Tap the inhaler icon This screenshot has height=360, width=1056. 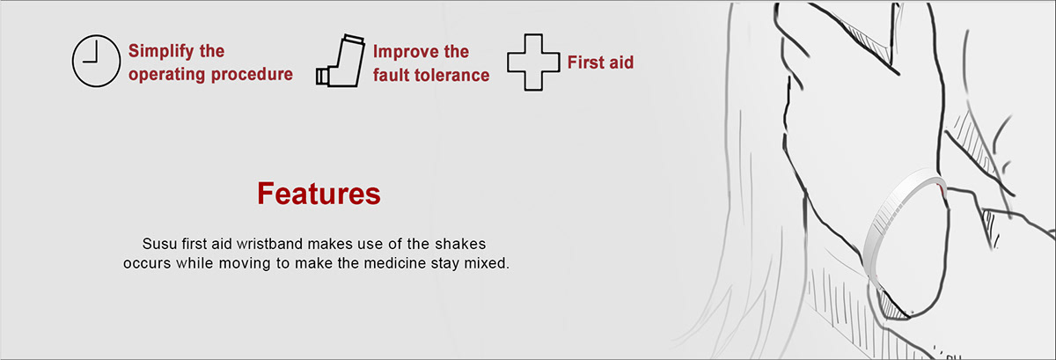(x=341, y=61)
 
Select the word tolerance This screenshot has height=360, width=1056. (x=451, y=75)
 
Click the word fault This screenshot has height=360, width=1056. (x=392, y=75)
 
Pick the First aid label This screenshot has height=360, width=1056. (x=600, y=62)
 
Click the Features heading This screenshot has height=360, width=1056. (x=319, y=194)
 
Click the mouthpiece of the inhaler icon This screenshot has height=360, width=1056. (x=322, y=77)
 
